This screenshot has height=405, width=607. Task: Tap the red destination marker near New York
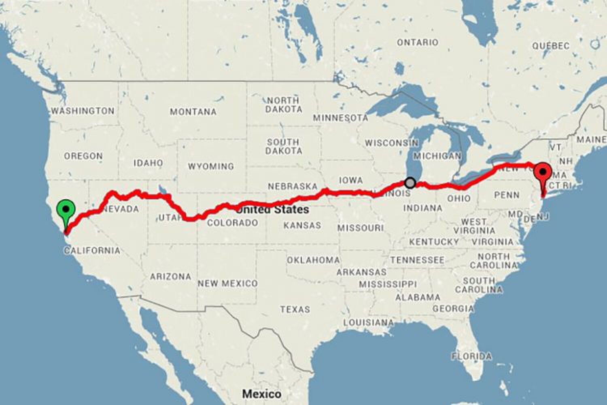pos(543,173)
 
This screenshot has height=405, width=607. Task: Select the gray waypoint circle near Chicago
pos(410,183)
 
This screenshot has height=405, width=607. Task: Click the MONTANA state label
pos(193,112)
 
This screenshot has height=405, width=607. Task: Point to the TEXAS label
pos(295,309)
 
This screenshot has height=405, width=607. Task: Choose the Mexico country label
pos(261,393)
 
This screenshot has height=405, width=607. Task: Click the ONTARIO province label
pos(417,42)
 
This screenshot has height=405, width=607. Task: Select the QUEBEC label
pos(551,46)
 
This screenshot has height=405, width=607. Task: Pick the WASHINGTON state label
pos(83,111)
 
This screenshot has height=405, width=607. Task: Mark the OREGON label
pos(83,156)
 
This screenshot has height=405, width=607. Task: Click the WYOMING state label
pos(210,166)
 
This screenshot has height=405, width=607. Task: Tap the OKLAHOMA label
pos(313,260)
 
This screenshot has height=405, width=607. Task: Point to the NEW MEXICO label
pos(227,283)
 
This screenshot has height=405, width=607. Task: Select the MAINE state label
pos(591,140)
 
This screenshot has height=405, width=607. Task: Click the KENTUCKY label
pos(434,242)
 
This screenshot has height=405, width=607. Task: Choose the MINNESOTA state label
pos(340,118)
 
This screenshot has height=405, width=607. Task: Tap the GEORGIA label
pos(453,309)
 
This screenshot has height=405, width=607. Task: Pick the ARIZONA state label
pos(170,277)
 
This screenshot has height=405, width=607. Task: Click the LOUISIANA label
pos(368,323)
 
